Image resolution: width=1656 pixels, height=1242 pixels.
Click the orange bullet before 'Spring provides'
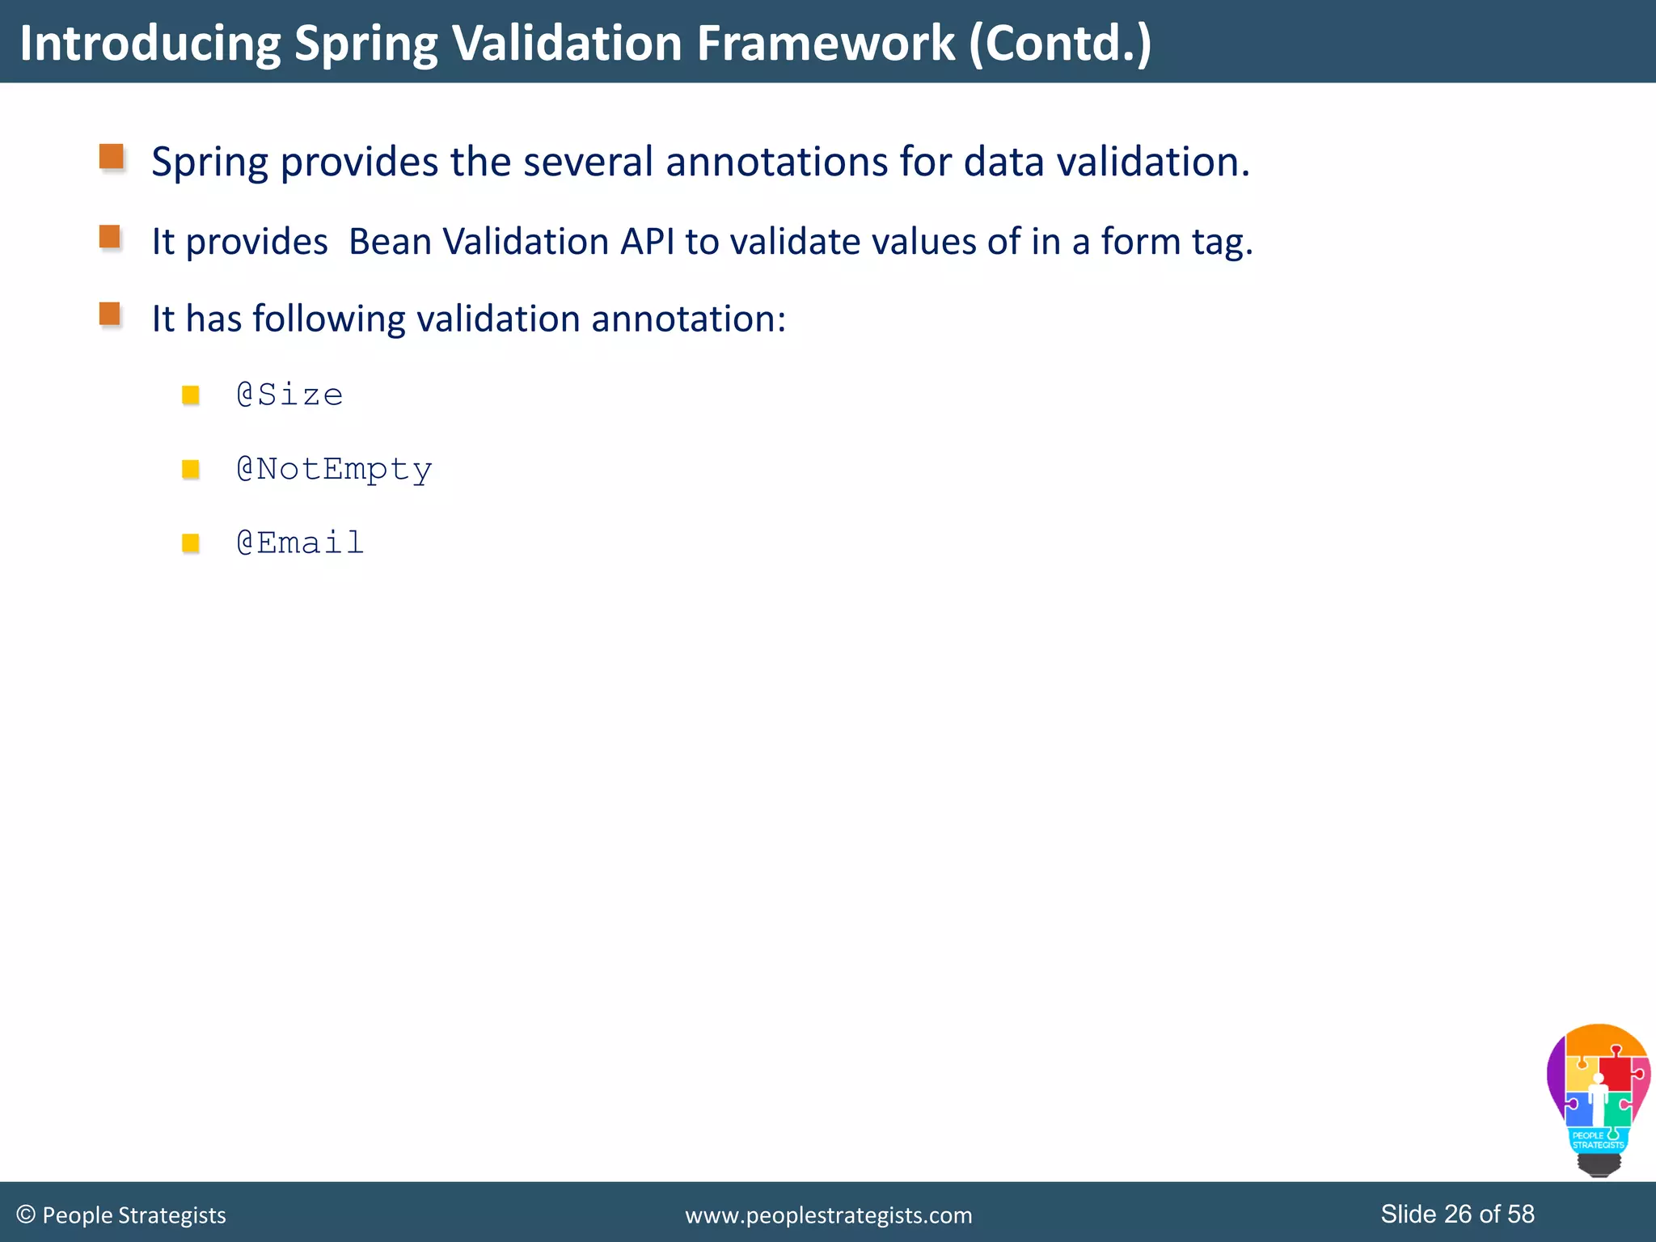[x=111, y=157]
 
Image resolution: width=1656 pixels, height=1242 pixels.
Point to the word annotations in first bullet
[x=776, y=162]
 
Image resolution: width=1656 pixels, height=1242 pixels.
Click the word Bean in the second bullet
[x=390, y=242]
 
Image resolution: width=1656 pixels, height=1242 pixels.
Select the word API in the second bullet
[x=647, y=242]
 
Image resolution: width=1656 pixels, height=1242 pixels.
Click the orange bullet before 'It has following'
[x=110, y=314]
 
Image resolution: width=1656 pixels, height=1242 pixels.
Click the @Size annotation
[x=289, y=395]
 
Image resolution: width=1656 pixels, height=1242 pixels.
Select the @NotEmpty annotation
[x=334, y=470]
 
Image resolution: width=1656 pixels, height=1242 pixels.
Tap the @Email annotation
[x=300, y=543]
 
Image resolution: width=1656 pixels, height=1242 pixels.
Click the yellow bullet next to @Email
[x=191, y=543]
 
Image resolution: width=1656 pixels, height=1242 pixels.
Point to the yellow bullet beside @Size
[x=191, y=395]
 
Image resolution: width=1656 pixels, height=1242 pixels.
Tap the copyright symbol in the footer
[x=26, y=1215]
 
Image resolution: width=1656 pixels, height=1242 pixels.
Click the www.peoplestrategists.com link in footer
[x=828, y=1215]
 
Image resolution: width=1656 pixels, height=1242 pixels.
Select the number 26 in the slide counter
[x=1457, y=1214]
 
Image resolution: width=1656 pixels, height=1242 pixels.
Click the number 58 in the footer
[x=1520, y=1214]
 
